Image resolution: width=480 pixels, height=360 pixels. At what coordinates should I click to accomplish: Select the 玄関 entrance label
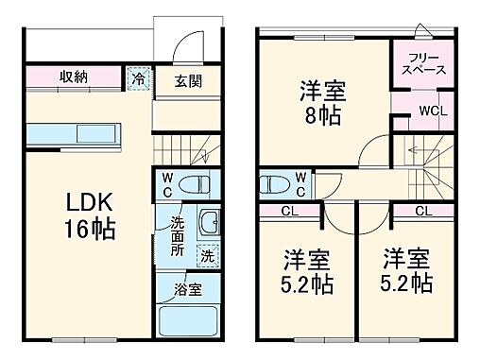click(x=186, y=80)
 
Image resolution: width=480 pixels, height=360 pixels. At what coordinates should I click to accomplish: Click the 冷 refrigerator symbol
click(x=139, y=78)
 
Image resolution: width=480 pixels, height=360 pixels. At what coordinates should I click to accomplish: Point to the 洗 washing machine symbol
click(x=205, y=254)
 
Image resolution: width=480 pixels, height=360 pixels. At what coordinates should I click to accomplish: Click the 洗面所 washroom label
click(x=178, y=239)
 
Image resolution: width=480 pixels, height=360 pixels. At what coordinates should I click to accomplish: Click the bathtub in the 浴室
click(x=188, y=321)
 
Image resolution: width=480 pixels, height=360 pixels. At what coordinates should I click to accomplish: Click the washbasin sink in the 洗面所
click(x=208, y=224)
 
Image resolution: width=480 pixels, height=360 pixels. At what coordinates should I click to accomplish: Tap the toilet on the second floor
click(x=275, y=182)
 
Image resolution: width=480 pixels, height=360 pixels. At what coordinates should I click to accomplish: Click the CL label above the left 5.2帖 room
click(x=290, y=211)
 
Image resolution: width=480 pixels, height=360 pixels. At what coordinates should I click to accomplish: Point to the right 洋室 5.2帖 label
click(x=405, y=270)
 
